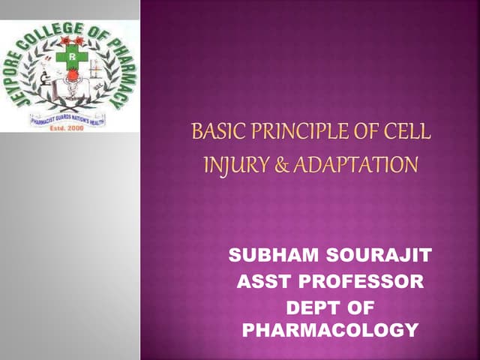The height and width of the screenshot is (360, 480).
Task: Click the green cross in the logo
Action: (69, 56)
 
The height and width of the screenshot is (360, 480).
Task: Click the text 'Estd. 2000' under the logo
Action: (67, 126)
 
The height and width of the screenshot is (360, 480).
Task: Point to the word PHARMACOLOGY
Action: (329, 330)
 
